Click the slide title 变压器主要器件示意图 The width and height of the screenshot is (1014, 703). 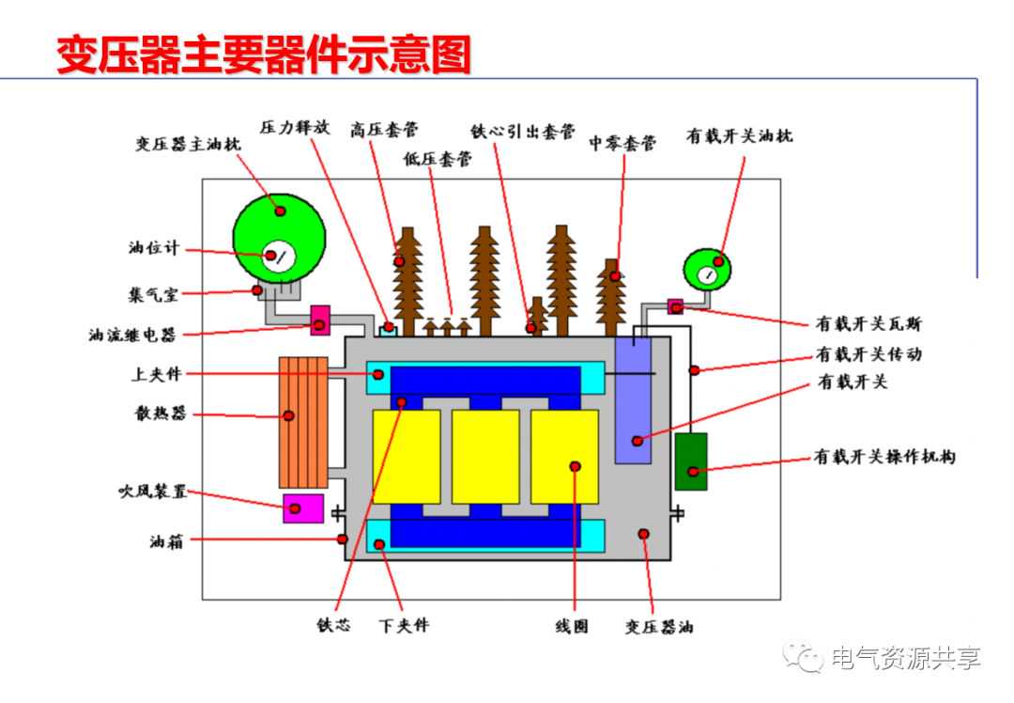click(x=263, y=54)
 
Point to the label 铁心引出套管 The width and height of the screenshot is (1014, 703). click(x=523, y=131)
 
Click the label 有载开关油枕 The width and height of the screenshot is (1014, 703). click(x=739, y=136)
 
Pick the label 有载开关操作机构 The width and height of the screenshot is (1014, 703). click(x=883, y=458)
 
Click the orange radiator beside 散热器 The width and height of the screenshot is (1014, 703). click(x=302, y=421)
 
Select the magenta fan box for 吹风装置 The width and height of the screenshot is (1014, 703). click(x=303, y=508)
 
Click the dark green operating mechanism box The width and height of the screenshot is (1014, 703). click(x=691, y=461)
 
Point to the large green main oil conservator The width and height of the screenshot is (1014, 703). click(x=279, y=226)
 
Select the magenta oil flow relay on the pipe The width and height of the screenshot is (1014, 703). click(x=319, y=320)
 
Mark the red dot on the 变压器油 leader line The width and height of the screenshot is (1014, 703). click(x=644, y=534)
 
